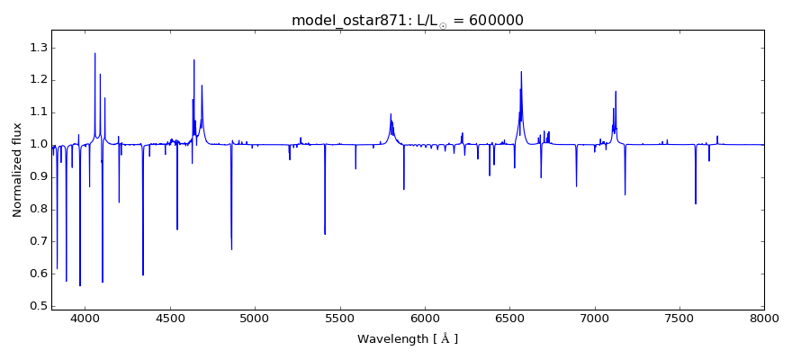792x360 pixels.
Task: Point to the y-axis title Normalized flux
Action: (18, 170)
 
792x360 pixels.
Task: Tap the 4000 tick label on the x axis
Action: (85, 319)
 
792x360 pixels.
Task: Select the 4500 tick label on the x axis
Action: (170, 319)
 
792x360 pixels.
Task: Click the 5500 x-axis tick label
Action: (340, 319)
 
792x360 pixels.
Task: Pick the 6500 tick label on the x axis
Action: (509, 319)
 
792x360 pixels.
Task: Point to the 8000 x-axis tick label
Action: (764, 319)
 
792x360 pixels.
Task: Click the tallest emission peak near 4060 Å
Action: (95, 53)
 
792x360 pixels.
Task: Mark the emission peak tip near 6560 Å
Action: (520, 72)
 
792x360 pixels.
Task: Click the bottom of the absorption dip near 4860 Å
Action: (231, 249)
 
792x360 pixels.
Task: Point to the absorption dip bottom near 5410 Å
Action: (325, 234)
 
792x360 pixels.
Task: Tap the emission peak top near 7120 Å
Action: (616, 91)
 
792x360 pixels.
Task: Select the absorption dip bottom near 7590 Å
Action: (695, 203)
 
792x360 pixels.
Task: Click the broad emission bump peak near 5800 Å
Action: (391, 114)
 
